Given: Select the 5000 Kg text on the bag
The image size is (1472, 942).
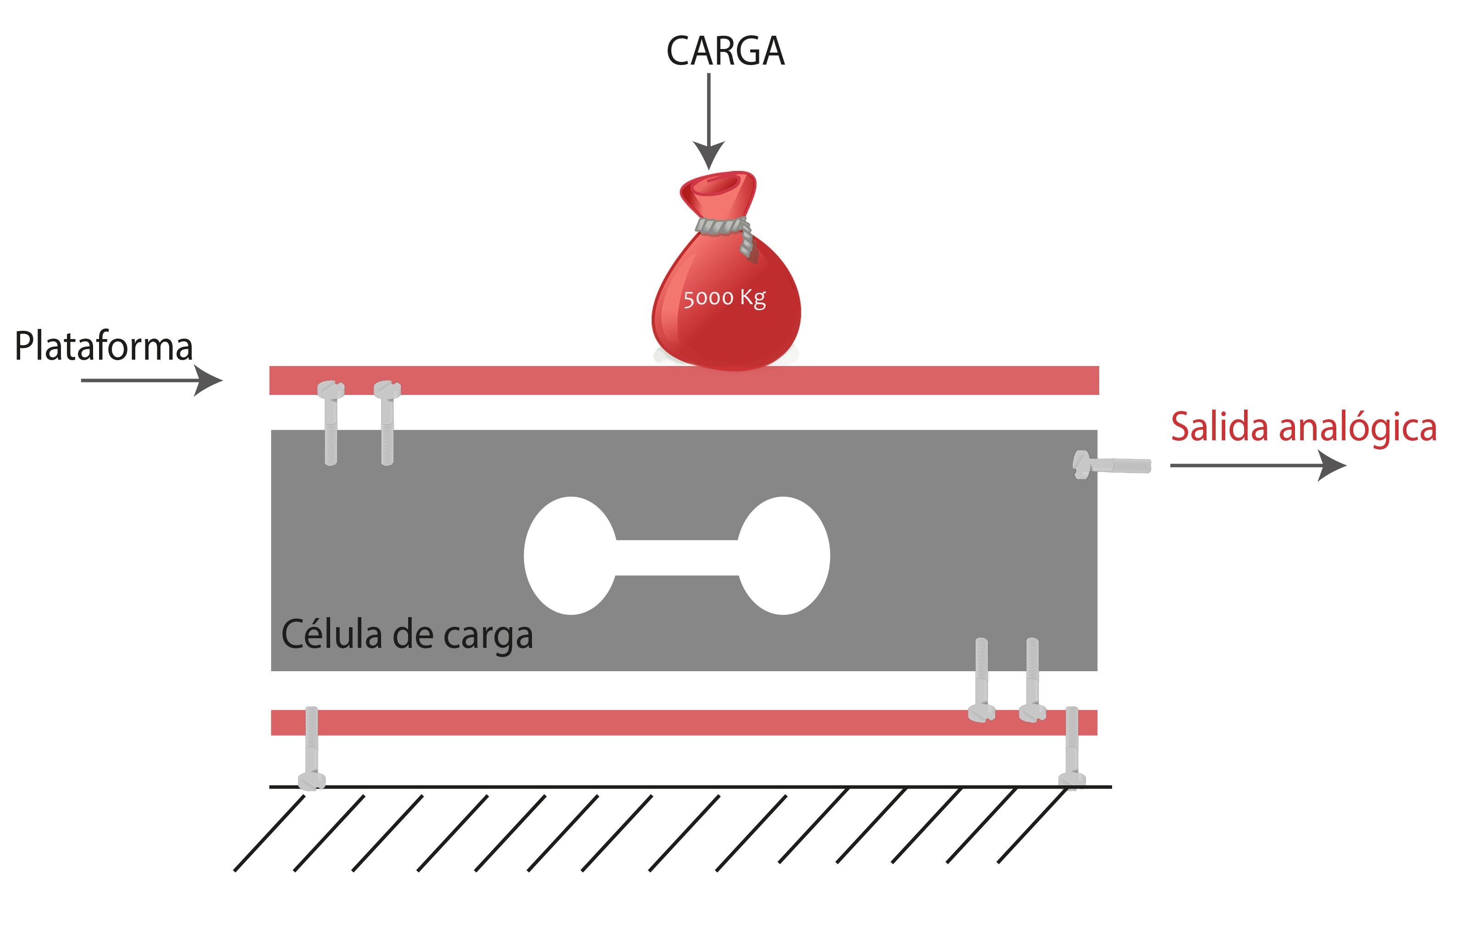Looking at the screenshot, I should coord(724,298).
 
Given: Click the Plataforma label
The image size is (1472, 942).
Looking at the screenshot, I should coord(104,346).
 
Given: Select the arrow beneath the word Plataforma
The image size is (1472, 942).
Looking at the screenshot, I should coord(151,380).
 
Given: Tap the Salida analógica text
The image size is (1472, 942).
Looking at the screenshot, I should coord(1303,427).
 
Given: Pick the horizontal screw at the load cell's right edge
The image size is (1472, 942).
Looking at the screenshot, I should coord(1111,466).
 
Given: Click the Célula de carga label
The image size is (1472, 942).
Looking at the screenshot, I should coord(407,635).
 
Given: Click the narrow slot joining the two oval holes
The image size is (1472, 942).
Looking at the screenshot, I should coord(677,557).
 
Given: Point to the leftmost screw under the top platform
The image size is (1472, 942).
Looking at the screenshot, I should coord(331,422).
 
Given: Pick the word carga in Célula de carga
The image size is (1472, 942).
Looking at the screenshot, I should coord(488,636).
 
